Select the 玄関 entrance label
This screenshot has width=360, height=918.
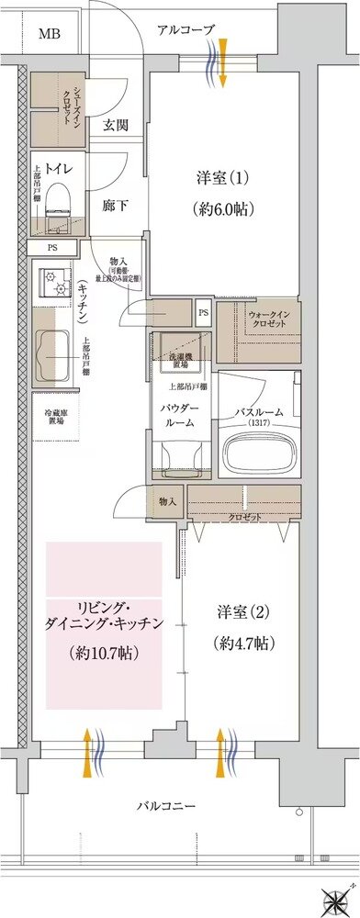coord(115,127)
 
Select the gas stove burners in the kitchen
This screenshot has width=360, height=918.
coord(53,281)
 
